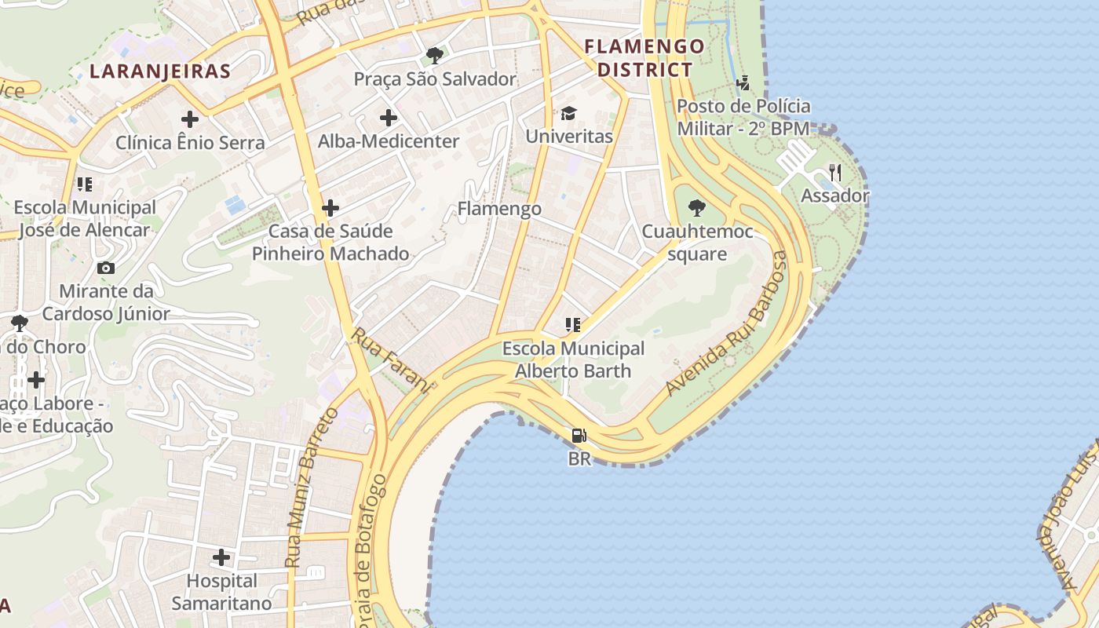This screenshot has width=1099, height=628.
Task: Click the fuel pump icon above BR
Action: point(579,435)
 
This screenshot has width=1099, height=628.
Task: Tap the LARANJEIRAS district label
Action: point(160,71)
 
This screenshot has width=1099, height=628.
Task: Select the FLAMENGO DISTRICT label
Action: point(644,58)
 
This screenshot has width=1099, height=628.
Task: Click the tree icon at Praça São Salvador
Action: point(434,56)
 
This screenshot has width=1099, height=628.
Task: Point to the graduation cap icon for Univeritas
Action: point(568,114)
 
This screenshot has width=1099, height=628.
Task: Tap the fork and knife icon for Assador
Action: point(835,173)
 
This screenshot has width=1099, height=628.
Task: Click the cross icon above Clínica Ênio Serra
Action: point(190,119)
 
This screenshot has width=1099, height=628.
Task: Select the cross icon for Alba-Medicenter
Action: point(389,119)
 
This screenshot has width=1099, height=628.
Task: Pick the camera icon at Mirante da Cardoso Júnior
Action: point(106,268)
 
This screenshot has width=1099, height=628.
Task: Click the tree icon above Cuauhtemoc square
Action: point(696,208)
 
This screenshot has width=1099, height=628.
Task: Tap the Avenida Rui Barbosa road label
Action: point(726,323)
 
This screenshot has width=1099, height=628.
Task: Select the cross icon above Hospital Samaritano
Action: point(222,557)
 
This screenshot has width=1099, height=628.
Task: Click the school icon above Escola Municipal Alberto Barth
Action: point(572,324)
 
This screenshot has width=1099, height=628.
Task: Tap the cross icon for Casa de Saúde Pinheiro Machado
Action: point(330,208)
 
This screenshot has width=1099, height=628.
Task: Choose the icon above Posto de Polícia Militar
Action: point(743,82)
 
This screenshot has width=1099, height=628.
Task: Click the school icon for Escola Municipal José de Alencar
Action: point(84,184)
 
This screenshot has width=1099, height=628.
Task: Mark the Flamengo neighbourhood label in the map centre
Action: point(499,209)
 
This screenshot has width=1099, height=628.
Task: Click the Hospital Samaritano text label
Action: point(221,592)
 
